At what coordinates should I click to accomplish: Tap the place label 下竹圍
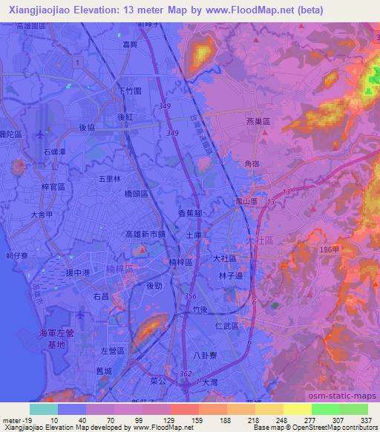tap(130, 92)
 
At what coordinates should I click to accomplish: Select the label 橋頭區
tap(136, 193)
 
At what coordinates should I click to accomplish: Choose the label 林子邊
tap(232, 275)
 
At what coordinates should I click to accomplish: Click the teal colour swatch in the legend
tap(43, 408)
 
